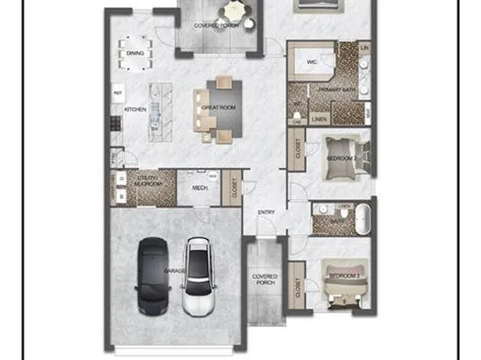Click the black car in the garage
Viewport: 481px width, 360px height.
(x=153, y=275)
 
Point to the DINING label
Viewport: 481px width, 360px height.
(x=135, y=53)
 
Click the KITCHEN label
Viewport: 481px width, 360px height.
(x=134, y=107)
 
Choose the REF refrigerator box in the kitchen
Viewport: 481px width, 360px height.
(x=117, y=92)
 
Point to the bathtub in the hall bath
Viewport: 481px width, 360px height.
(x=364, y=218)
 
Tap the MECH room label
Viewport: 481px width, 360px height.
(x=199, y=189)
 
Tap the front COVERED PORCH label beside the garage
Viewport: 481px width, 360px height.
(x=264, y=279)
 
